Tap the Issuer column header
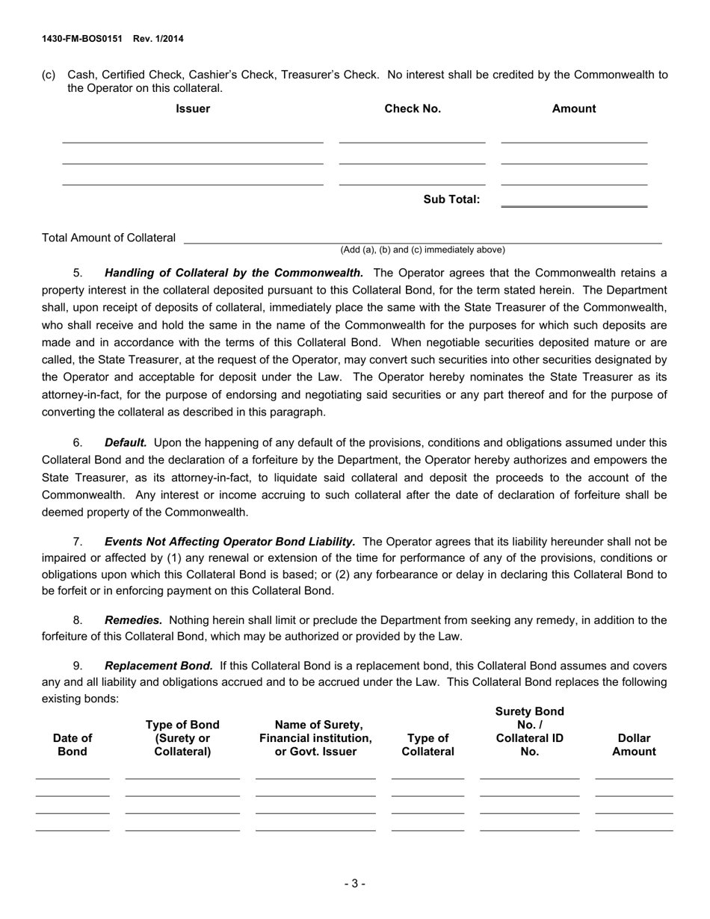pyautogui.click(x=193, y=108)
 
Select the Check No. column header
pyautogui.click(x=413, y=108)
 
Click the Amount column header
pyautogui.click(x=574, y=108)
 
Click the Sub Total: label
pyautogui.click(x=451, y=199)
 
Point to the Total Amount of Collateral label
pyautogui.click(x=109, y=238)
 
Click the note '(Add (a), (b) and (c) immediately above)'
pyautogui.click(x=422, y=250)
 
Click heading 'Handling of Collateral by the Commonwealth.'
pyautogui.click(x=234, y=273)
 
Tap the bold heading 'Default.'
pyautogui.click(x=126, y=443)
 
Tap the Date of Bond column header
pyautogui.click(x=72, y=745)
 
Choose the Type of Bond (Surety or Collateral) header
pyautogui.click(x=182, y=738)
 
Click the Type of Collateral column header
pyautogui.click(x=428, y=745)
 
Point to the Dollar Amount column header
pyautogui.click(x=634, y=745)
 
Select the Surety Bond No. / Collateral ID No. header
pyautogui.click(x=529, y=731)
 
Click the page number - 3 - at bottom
pyautogui.click(x=355, y=884)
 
